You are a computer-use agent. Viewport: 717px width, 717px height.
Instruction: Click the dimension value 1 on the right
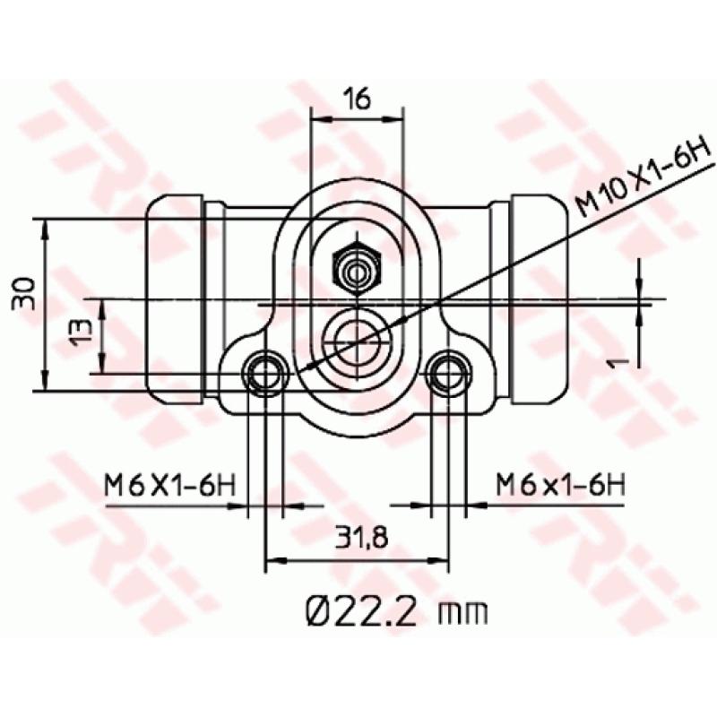click(x=615, y=360)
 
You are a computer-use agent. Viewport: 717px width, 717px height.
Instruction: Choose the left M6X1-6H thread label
click(x=169, y=486)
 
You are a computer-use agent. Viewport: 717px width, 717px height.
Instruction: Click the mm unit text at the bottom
click(x=463, y=613)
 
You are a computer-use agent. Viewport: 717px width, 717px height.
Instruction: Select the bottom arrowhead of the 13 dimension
click(x=104, y=367)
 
